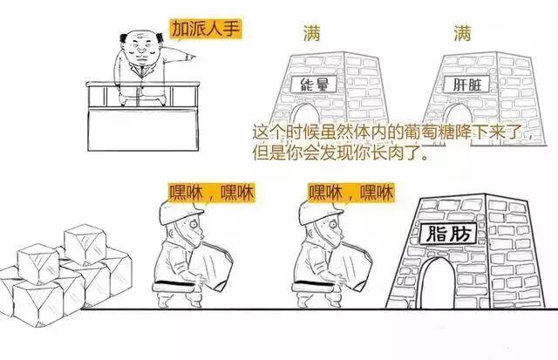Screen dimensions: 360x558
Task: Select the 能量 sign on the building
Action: (313, 86)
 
